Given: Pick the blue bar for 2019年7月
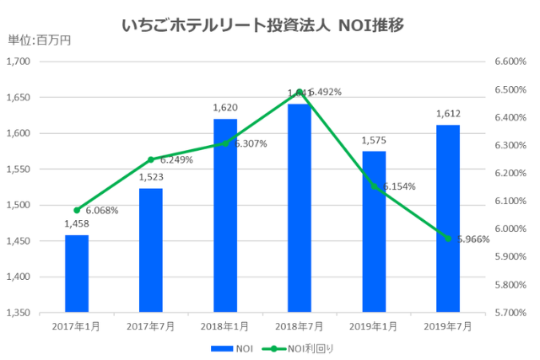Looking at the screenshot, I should pos(448,218).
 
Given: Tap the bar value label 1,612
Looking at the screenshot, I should pos(448,115).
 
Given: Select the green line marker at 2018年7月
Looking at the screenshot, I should pos(300,92).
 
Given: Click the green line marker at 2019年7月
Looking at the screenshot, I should pos(448,239).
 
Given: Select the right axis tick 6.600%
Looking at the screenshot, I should pos(509,62).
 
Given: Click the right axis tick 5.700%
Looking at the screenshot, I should pos(509,313).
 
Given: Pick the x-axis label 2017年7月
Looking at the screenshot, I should pos(151,325).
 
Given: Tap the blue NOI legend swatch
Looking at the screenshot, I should pos(221,347).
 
